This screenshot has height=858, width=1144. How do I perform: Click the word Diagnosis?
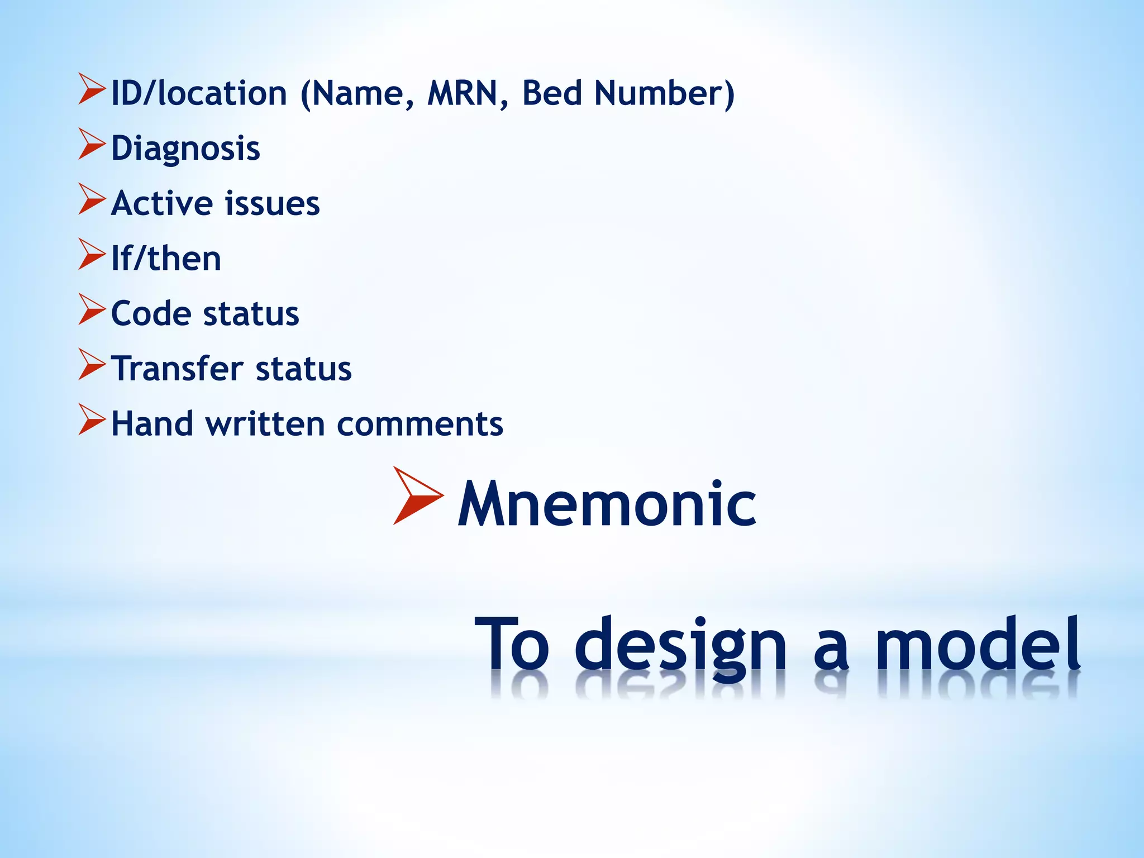pos(185,149)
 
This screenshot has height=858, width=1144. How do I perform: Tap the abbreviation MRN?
pos(462,93)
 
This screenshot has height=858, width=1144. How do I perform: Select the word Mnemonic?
pos(607,504)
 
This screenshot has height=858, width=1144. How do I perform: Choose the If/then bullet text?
pos(166,259)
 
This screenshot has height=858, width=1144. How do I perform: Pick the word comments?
pos(420,424)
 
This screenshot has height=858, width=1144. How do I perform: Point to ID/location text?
pos(199,93)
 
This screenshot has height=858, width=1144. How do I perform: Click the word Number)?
pos(664,93)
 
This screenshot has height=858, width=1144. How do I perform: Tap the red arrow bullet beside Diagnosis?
pos(92,144)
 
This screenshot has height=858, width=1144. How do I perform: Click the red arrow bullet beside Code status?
pos(92,309)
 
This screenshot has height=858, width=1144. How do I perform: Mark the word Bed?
pos(552,93)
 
